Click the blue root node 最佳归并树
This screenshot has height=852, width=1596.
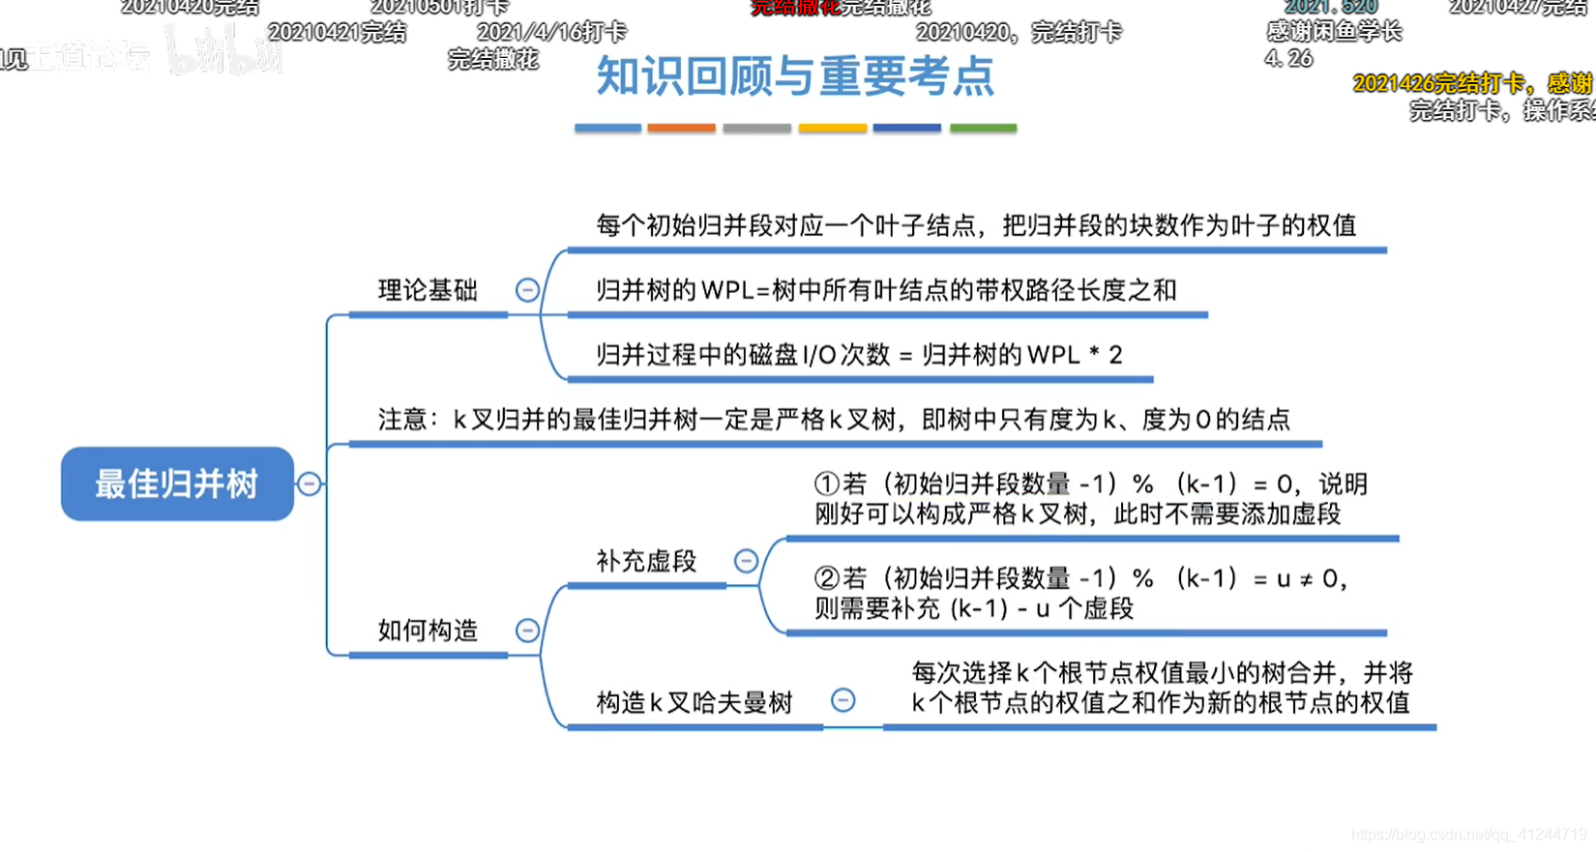(x=177, y=484)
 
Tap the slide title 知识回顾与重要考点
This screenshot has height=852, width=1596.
(x=795, y=76)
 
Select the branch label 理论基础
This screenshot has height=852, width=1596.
(x=428, y=290)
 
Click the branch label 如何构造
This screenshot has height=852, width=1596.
(x=428, y=631)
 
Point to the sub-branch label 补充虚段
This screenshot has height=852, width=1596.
(x=646, y=561)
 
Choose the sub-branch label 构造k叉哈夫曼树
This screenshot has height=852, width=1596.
(x=695, y=702)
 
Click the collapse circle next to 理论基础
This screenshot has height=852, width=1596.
(x=527, y=290)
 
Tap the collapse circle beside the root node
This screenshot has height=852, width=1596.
(x=310, y=484)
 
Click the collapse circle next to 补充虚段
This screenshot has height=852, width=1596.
(x=746, y=561)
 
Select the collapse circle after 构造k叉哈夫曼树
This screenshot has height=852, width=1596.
(x=843, y=700)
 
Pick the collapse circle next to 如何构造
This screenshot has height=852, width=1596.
(x=527, y=631)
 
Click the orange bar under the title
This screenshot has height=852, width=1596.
(x=681, y=128)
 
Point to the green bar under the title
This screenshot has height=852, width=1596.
(x=983, y=128)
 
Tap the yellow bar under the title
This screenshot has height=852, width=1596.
(x=832, y=128)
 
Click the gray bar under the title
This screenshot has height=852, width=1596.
(x=756, y=128)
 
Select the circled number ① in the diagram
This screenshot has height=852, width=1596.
(x=826, y=484)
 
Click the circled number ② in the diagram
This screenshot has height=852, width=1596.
(x=826, y=578)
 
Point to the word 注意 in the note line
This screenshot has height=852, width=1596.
(x=402, y=420)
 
